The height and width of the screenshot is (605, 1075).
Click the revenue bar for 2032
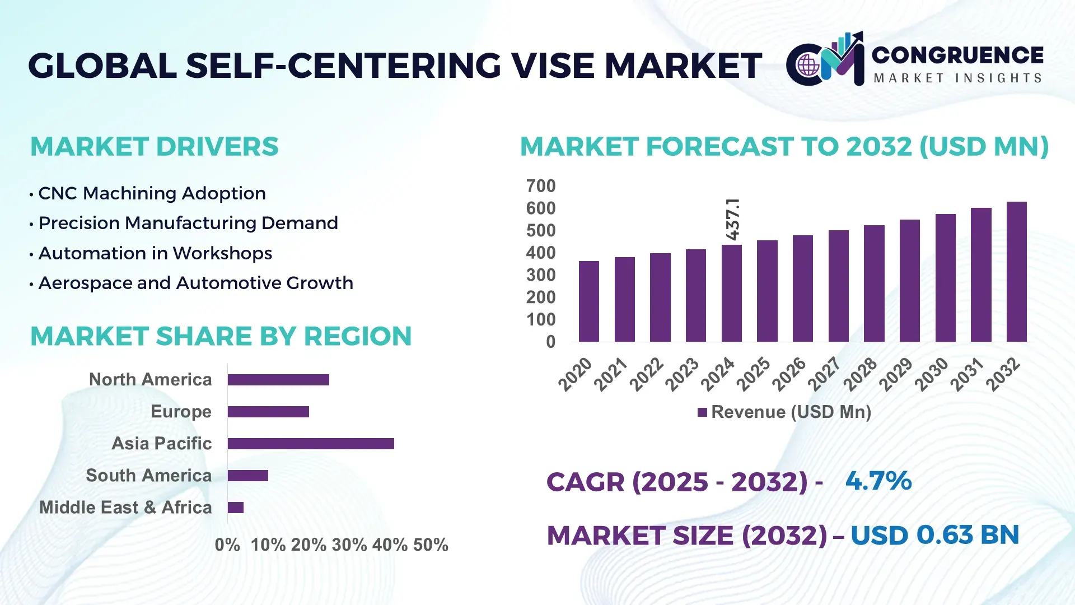coord(1016,272)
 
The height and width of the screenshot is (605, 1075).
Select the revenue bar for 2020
coord(588,301)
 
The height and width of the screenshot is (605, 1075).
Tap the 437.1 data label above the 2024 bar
coord(733,219)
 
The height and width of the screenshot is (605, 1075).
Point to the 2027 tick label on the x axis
coord(824,374)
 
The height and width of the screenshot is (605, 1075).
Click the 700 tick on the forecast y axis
coord(540,186)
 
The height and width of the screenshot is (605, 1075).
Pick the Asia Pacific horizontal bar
coord(311,444)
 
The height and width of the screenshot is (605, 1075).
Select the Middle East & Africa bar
coord(236,508)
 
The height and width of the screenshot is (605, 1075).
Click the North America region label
coord(150,379)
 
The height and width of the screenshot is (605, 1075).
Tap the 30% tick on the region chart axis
coord(349,544)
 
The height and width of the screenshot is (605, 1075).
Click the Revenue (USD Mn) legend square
coord(702,412)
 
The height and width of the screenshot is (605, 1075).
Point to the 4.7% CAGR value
coord(878,481)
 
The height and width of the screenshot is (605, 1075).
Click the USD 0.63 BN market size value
coord(934,535)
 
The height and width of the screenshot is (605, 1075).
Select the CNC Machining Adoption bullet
coord(152,193)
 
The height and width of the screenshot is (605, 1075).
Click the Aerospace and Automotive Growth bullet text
coord(195,283)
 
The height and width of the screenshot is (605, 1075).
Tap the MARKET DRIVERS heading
coord(154,147)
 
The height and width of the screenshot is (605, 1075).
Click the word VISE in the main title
coord(553,66)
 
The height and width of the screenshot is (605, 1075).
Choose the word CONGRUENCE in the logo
coord(957,55)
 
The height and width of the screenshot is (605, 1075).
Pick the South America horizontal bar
coord(248,476)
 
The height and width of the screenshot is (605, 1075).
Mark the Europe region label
coord(181,411)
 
